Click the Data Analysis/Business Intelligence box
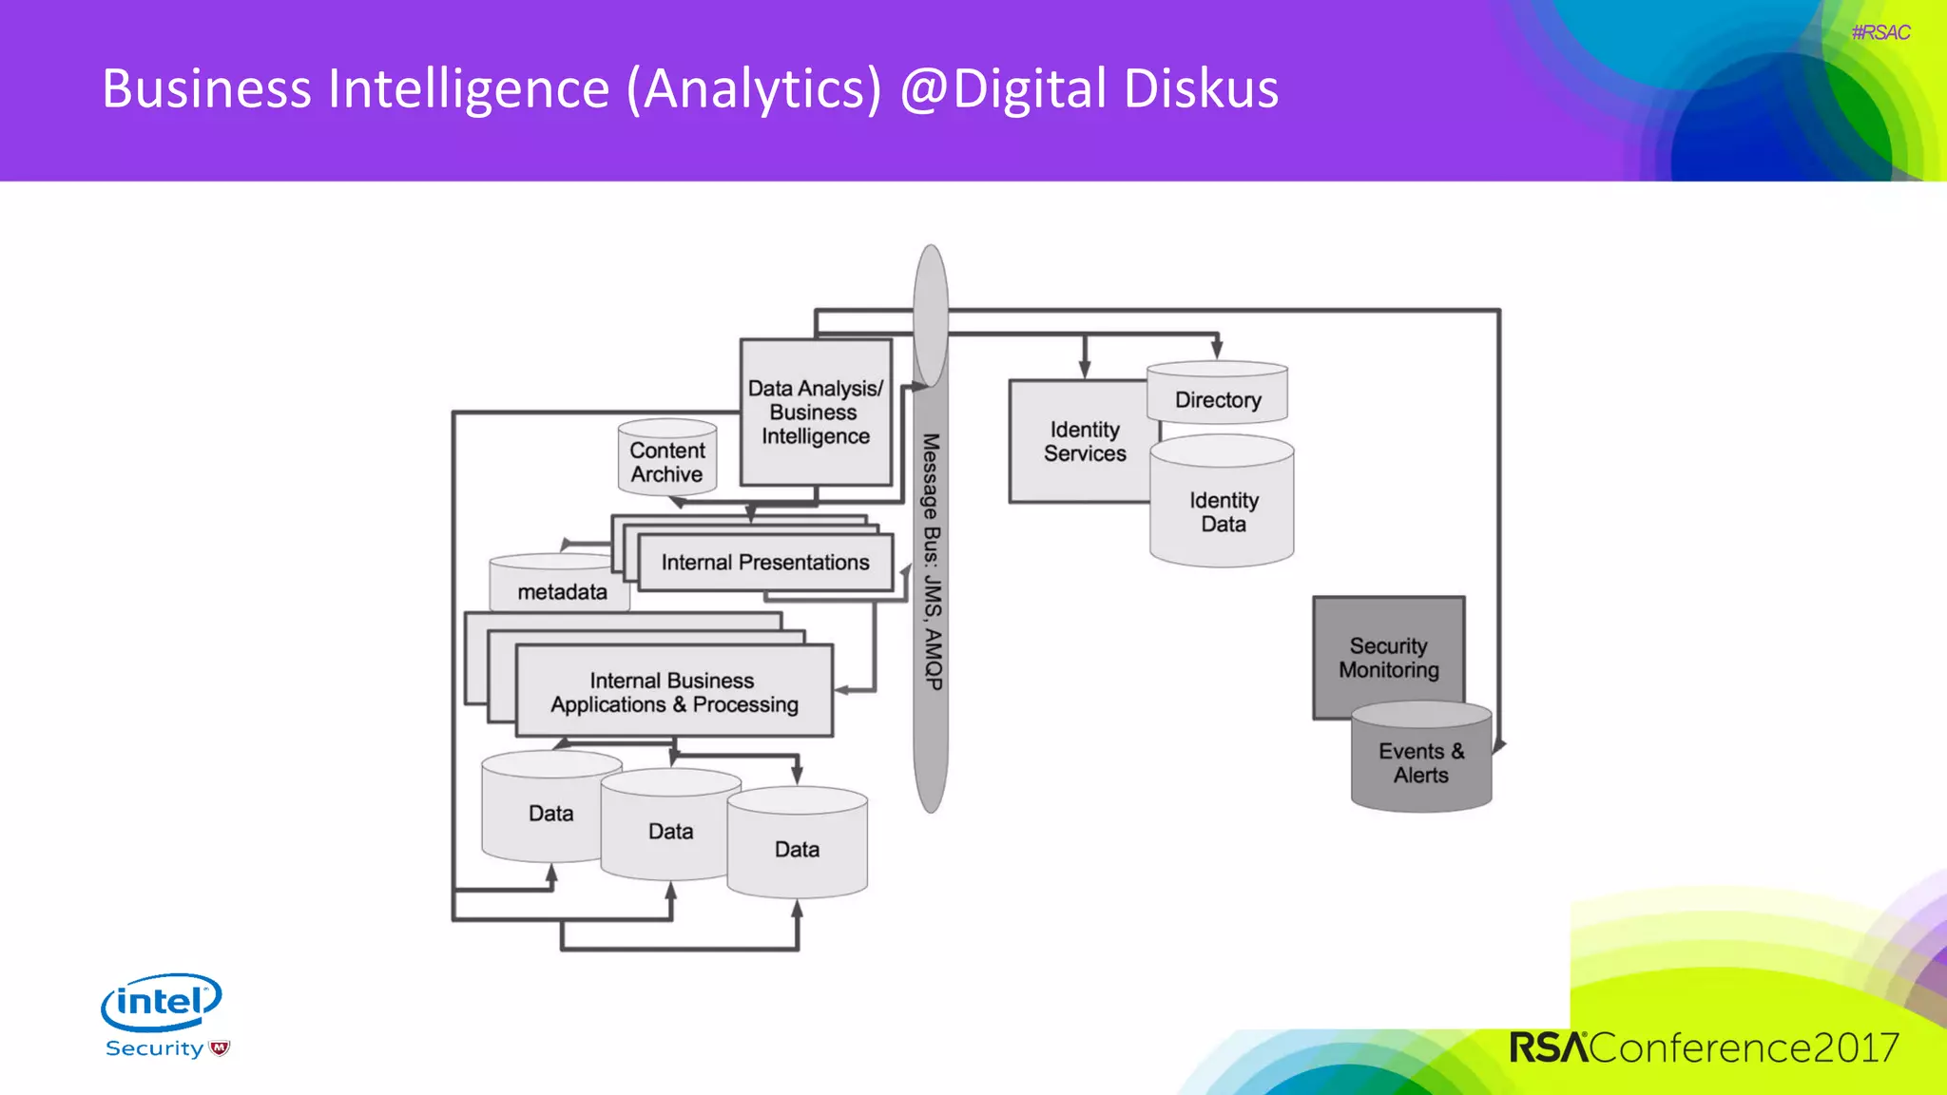click(x=815, y=413)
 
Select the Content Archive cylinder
click(x=667, y=462)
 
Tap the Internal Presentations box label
click(x=764, y=563)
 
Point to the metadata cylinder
click(x=561, y=591)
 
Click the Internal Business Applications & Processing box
click(x=674, y=693)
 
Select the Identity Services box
click(x=1084, y=442)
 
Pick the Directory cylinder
click(x=1217, y=399)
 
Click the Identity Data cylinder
click(x=1223, y=512)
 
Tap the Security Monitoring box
click(x=1388, y=658)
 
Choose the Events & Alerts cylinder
click(x=1420, y=763)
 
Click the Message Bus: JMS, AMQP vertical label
click(x=932, y=561)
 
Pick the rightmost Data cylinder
click(x=797, y=850)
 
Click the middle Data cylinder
click(x=670, y=832)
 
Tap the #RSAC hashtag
click(x=1880, y=32)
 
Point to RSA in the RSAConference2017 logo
click(x=1548, y=1047)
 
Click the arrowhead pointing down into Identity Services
click(x=1085, y=370)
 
